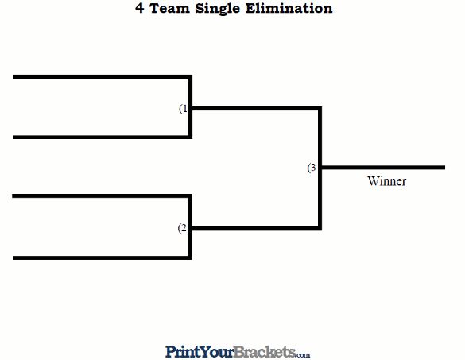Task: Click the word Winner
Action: [x=387, y=181]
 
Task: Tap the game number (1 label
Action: [x=184, y=109]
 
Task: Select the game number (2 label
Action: [x=182, y=228]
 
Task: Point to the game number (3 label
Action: [x=312, y=168]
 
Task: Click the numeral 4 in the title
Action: [x=140, y=8]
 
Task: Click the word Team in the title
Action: [x=169, y=8]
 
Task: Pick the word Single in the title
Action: [x=217, y=9]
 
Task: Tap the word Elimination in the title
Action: [x=289, y=8]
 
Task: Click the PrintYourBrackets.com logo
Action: [x=238, y=352]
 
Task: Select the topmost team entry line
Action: [x=102, y=77]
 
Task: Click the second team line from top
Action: [x=102, y=137]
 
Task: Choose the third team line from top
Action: [x=101, y=196]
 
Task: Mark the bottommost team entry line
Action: [x=101, y=258]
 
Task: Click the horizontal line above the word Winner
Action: [x=382, y=168]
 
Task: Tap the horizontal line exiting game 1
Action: [x=256, y=109]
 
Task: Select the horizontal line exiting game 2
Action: [x=255, y=229]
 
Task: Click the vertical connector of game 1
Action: [x=191, y=107]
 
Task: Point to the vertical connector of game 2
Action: [x=190, y=227]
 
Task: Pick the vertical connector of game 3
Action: [x=320, y=168]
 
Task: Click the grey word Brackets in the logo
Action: [x=265, y=352]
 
